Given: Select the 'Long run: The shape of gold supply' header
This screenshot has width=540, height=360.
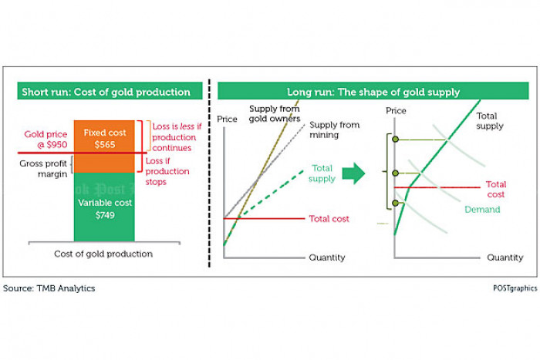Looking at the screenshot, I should point(373,92).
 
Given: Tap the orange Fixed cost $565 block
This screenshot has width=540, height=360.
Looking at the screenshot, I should point(104,136).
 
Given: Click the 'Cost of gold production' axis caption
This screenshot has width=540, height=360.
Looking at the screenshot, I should point(103,254).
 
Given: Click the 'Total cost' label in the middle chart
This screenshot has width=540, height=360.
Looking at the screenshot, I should point(329,219).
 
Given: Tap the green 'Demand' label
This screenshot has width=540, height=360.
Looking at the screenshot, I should point(482,209).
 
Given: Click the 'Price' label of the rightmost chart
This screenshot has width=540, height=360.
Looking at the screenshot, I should point(396,111).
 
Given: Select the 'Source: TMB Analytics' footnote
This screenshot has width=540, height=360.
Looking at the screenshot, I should point(49,288).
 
